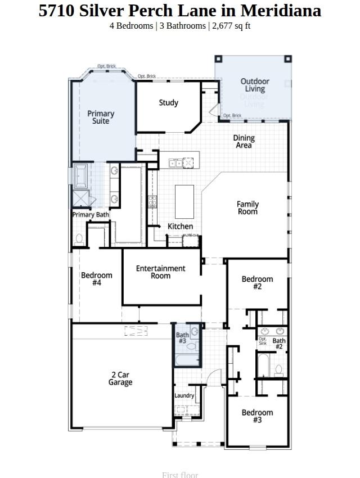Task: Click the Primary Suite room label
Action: (x=101, y=117)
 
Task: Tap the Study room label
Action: (x=168, y=102)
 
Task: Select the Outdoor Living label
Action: (x=255, y=85)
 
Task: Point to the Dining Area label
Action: (x=244, y=141)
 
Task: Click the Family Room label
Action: (x=247, y=208)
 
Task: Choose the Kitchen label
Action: (x=180, y=226)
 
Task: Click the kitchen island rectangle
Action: (x=184, y=201)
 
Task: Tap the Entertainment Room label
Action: (x=160, y=272)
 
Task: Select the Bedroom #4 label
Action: (x=97, y=279)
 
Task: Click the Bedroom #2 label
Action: (x=257, y=282)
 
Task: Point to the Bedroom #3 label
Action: (x=257, y=416)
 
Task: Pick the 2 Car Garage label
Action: (x=120, y=378)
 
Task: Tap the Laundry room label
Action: (x=184, y=395)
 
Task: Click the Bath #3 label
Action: (x=182, y=338)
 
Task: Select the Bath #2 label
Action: (x=279, y=343)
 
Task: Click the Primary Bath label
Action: (x=91, y=214)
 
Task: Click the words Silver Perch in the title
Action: (x=119, y=10)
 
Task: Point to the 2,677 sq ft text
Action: (x=230, y=26)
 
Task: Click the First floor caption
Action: (x=180, y=474)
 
